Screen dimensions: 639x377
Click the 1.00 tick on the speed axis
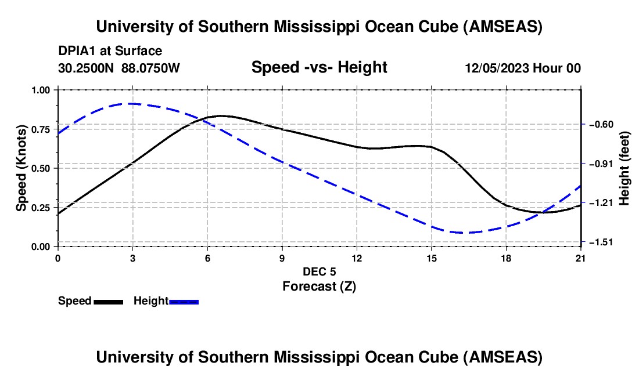[x=41, y=90]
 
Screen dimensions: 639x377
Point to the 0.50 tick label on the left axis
[x=41, y=168]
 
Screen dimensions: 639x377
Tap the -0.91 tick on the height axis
[x=601, y=164]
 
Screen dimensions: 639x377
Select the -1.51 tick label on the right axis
[x=601, y=242]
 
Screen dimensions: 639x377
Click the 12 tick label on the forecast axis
[x=357, y=258]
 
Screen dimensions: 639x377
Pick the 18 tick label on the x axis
[x=506, y=258]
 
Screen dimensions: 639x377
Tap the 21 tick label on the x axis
[x=581, y=258]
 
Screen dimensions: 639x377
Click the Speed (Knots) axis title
[x=21, y=168]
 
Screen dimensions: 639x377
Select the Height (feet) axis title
[x=624, y=168]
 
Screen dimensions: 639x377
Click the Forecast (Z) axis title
[x=319, y=286]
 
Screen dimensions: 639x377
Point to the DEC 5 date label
[x=319, y=271]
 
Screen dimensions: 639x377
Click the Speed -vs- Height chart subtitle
[x=319, y=67]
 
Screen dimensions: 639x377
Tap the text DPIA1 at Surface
[x=110, y=51]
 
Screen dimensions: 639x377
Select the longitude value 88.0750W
[x=150, y=68]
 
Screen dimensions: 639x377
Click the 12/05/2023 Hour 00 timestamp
[x=523, y=68]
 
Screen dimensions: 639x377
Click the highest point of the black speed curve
[x=221, y=116]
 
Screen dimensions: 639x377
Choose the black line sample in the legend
[x=109, y=302]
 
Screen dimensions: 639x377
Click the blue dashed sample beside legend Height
[x=184, y=302]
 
